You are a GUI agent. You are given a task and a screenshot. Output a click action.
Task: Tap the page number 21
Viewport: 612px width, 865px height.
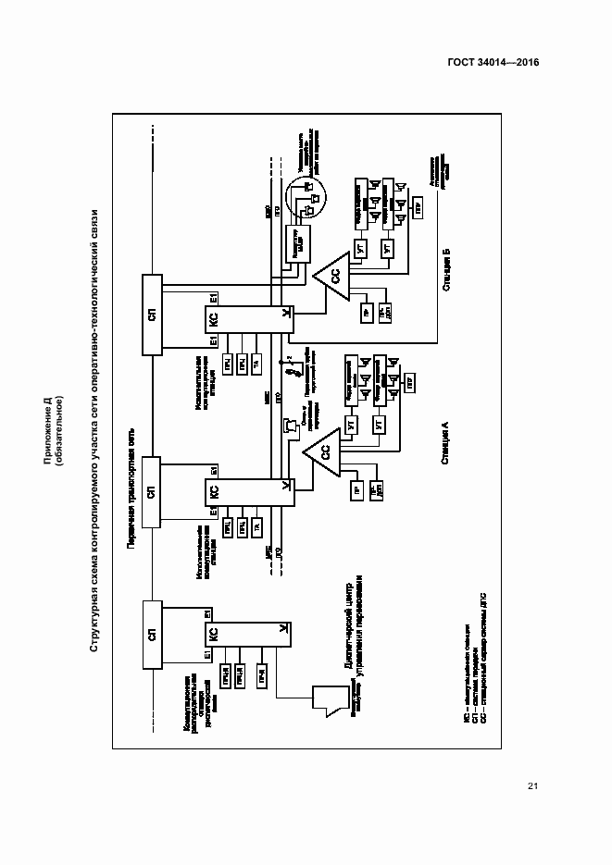(532, 786)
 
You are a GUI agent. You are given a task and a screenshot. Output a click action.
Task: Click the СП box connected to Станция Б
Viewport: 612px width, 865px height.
(151, 314)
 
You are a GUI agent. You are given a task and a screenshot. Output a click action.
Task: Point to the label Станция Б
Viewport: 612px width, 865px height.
(445, 269)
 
